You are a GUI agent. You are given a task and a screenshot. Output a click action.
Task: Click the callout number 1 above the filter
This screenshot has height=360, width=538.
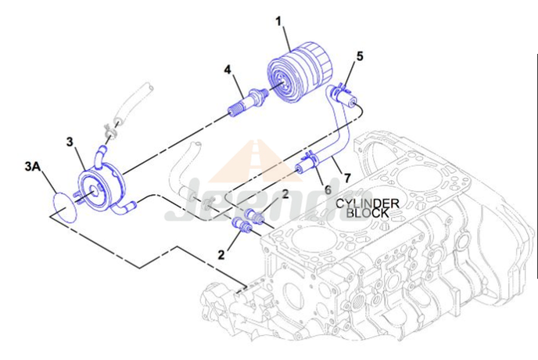[x=277, y=21]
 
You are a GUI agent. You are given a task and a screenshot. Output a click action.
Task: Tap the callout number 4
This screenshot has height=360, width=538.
[x=228, y=70]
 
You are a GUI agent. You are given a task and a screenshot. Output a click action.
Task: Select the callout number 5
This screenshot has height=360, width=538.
[x=360, y=56]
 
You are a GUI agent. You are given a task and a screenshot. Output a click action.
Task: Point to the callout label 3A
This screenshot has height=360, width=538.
[x=33, y=167]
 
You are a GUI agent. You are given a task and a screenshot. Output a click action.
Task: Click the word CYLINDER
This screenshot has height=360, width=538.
[x=368, y=203]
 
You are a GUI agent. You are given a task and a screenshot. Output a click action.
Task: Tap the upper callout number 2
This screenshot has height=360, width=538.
[x=286, y=193]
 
